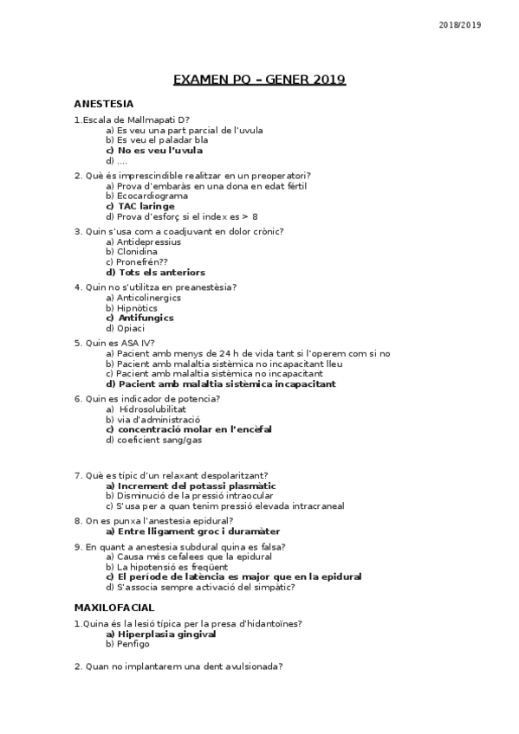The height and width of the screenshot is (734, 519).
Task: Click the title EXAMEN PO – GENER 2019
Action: (x=259, y=80)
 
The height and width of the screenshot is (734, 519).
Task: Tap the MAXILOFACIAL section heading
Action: (x=114, y=608)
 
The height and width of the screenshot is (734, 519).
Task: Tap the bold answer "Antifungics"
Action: (x=145, y=318)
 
